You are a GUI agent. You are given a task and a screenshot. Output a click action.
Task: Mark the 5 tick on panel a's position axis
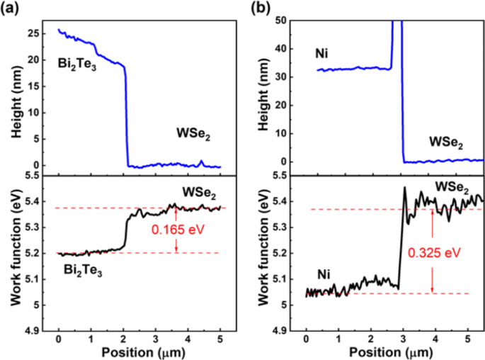[220, 340]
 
